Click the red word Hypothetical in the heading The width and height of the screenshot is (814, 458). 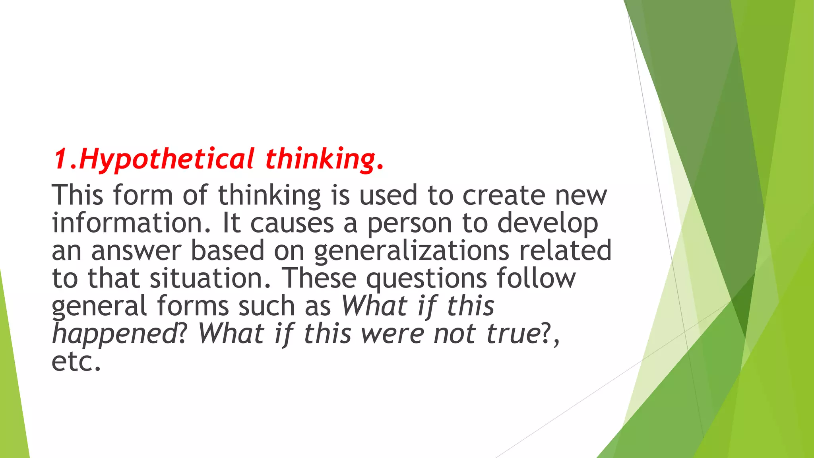167,159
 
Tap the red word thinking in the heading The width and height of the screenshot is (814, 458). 320,159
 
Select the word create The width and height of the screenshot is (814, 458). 504,195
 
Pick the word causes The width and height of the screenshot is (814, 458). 292,223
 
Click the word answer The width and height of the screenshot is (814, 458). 136,251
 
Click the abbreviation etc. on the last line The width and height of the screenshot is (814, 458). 76,361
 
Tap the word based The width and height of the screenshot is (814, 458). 227,250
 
